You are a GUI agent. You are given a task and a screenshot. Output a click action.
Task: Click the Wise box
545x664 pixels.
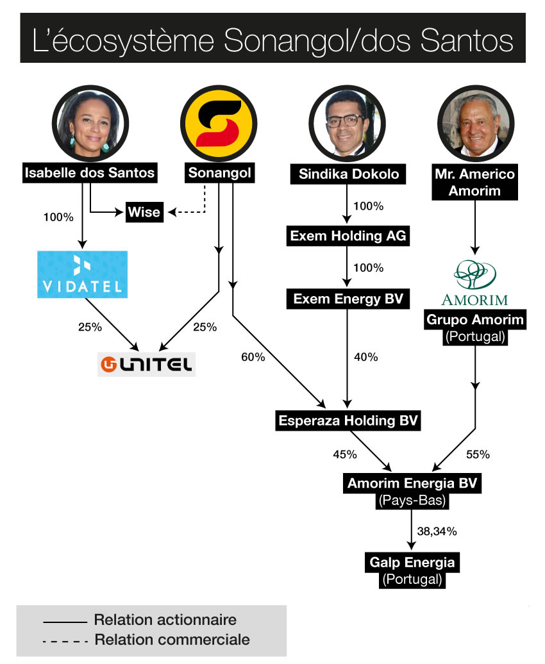coord(144,212)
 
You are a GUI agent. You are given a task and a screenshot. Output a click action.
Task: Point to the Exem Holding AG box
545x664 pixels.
coord(348,236)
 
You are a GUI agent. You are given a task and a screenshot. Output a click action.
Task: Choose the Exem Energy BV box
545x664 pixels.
coord(348,298)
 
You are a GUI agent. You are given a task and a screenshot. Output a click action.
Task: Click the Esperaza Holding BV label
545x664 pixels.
coord(348,421)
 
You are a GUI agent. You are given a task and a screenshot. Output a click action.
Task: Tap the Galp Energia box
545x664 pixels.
coord(412,563)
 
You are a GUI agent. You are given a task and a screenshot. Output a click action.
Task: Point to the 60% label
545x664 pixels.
coord(253,357)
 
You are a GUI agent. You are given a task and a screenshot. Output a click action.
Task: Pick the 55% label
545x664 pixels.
coord(478,454)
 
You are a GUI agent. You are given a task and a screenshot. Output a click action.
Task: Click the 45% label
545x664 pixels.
coord(345,454)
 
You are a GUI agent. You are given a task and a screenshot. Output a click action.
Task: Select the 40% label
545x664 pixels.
coord(366,357)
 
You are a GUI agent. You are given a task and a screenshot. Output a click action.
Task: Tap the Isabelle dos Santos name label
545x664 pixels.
coord(89,173)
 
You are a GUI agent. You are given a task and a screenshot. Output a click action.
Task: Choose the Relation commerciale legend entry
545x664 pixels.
coord(172,640)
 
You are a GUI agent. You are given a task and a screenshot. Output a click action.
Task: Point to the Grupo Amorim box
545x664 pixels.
coord(475,319)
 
